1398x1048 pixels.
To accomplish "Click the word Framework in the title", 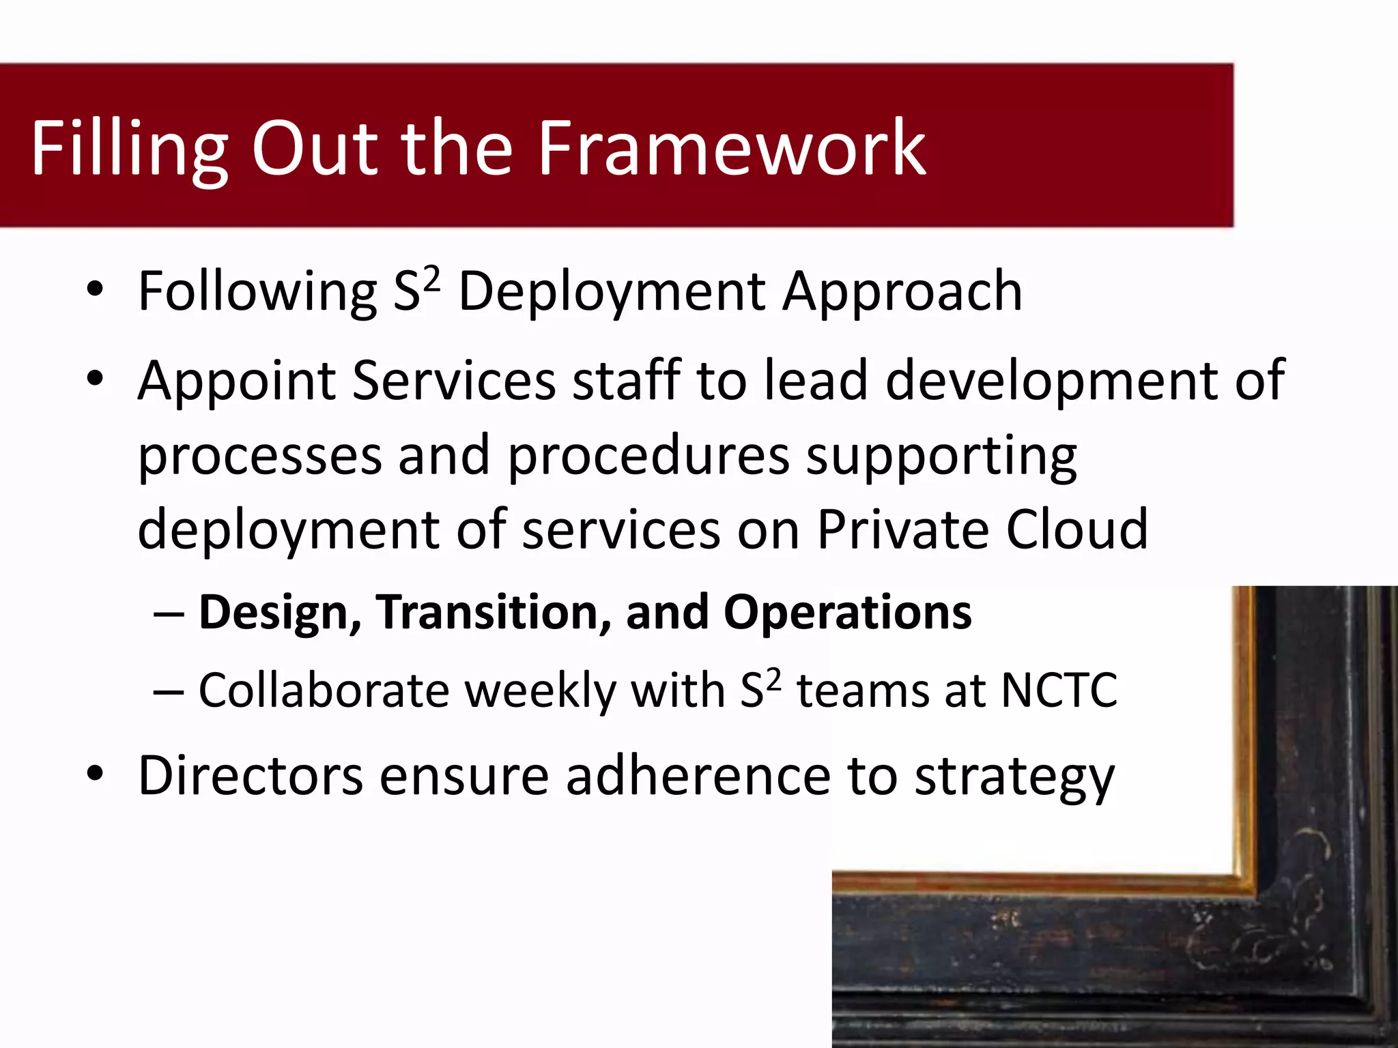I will (731, 148).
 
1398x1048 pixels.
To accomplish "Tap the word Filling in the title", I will (128, 148).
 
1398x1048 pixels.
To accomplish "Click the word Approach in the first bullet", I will (902, 292).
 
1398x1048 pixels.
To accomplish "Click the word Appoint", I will (236, 381).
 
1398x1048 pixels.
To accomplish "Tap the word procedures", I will (648, 455).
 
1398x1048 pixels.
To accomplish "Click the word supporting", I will (941, 456).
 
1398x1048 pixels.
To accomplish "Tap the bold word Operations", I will (847, 612).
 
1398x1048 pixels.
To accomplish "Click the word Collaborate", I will (324, 690).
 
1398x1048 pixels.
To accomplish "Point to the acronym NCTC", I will (1059, 690).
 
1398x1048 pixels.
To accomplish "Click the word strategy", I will (1014, 776).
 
